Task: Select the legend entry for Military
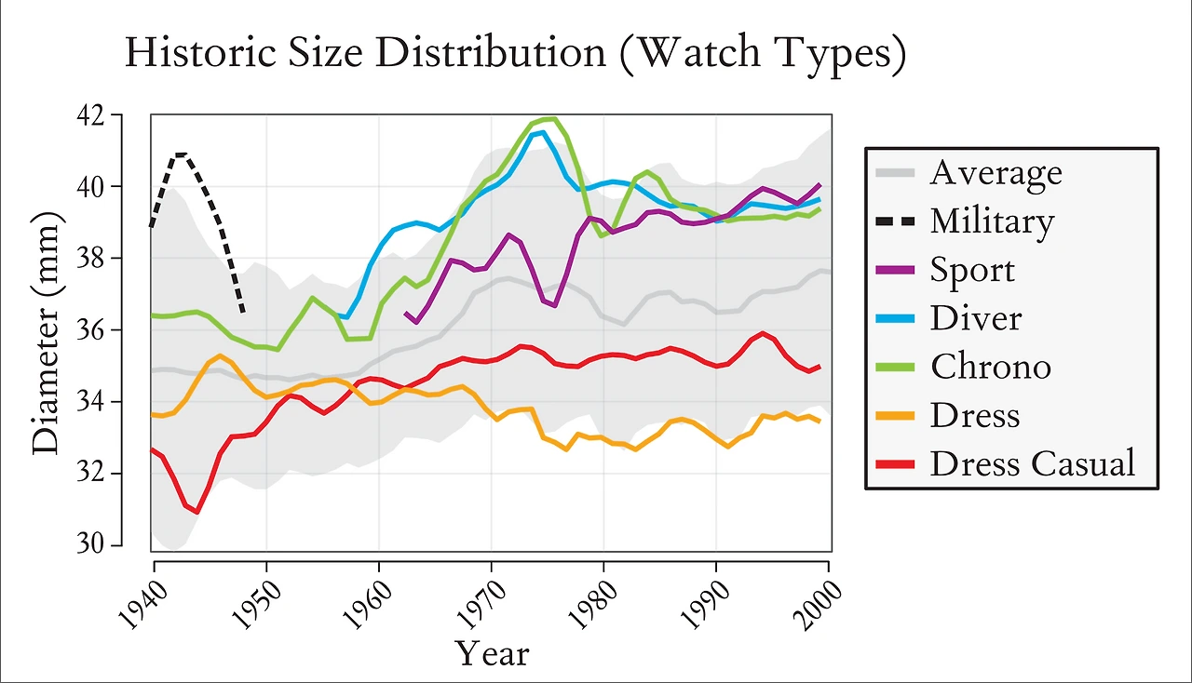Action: point(992,221)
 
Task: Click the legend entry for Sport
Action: point(971,270)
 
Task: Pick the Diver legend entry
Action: point(975,318)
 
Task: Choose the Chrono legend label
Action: point(990,367)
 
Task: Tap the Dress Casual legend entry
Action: point(1032,462)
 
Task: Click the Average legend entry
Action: point(995,173)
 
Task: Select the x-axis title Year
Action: point(491,653)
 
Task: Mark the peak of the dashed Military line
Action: point(181,154)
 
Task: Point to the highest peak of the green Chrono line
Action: point(553,118)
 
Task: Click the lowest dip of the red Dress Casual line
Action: point(196,512)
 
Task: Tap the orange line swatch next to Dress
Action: point(895,415)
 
